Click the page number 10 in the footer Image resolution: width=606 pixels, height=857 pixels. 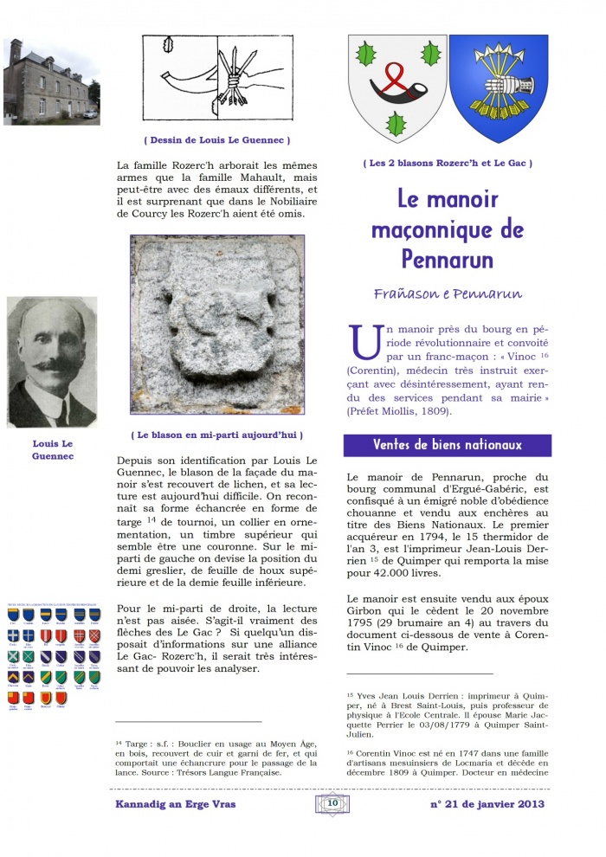click(x=332, y=803)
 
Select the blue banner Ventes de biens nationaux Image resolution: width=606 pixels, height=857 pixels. click(x=447, y=445)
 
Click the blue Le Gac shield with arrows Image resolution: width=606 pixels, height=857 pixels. click(x=499, y=87)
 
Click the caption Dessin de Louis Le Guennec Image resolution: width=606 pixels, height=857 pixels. click(x=216, y=139)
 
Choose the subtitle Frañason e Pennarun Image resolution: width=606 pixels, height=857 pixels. click(x=447, y=293)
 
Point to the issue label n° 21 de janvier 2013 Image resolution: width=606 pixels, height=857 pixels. click(x=487, y=804)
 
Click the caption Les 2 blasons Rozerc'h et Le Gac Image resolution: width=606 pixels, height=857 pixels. click(x=447, y=163)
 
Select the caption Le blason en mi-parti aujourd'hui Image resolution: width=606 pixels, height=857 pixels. click(x=216, y=435)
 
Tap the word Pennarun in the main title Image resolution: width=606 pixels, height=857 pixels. click(x=448, y=258)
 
